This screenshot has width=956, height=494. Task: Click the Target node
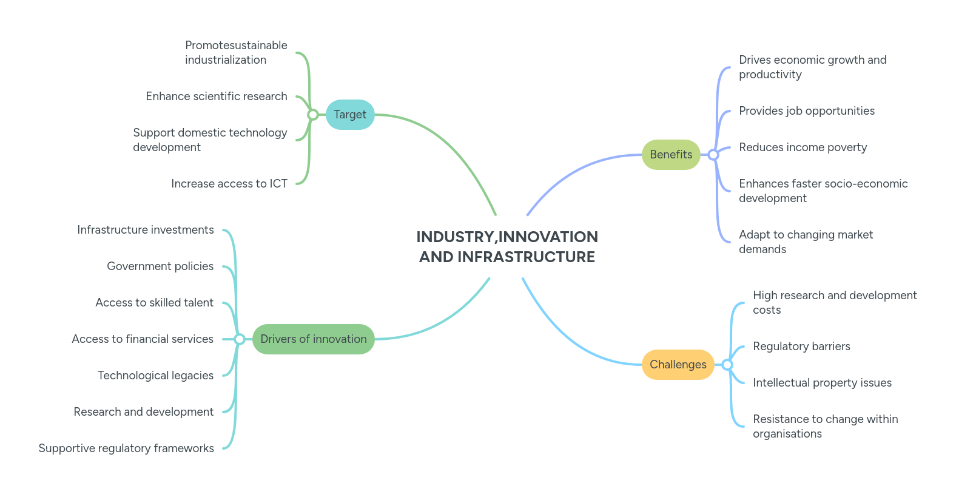(350, 115)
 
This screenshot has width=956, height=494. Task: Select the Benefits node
(671, 155)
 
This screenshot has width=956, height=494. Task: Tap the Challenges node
(678, 365)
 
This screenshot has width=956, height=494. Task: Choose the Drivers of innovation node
(313, 339)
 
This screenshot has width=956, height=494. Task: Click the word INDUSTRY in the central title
(455, 237)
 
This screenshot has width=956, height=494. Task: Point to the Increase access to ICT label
(229, 184)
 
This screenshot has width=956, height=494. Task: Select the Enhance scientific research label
(216, 96)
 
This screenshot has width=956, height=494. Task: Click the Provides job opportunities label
(806, 111)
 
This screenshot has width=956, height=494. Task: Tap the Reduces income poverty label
(803, 147)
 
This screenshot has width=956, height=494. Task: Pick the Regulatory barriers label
(801, 347)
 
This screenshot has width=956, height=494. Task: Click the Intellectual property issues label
(822, 383)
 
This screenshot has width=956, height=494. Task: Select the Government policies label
(160, 266)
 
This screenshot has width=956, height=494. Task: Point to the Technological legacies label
(155, 376)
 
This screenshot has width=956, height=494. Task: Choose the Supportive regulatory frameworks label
(126, 448)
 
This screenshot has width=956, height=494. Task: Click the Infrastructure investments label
(146, 230)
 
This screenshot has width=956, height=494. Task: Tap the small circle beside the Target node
(312, 115)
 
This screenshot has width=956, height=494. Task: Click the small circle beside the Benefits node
(713, 155)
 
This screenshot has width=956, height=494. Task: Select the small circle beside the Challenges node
(727, 365)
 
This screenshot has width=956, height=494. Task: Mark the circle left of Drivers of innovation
(240, 339)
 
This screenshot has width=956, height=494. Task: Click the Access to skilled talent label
(154, 303)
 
